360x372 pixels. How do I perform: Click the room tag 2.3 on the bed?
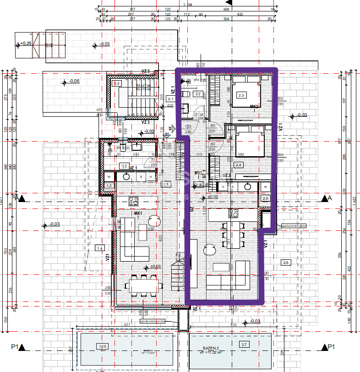(241, 95)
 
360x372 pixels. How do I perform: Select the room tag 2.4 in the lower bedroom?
(238, 165)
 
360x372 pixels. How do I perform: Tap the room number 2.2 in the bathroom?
(198, 94)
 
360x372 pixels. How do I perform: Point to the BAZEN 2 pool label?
(212, 348)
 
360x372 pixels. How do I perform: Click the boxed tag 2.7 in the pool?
(243, 344)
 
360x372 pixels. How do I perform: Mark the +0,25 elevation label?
(25, 44)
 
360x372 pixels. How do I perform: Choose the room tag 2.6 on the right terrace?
(286, 262)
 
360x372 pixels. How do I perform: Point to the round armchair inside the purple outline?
(210, 249)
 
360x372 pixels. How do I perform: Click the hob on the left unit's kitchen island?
(134, 201)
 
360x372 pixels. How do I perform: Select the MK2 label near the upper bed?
(255, 106)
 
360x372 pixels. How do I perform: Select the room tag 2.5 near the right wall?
(265, 198)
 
